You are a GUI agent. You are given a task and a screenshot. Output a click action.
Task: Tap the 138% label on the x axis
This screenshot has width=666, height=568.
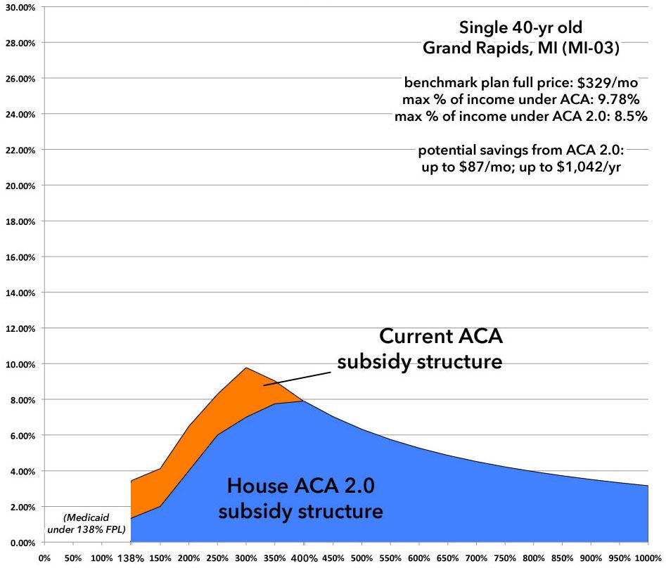[x=131, y=558]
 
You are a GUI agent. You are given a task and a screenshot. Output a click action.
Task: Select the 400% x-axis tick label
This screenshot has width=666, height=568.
[x=303, y=558]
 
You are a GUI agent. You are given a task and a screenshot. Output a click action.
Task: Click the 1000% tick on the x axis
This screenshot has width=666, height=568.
[x=647, y=558]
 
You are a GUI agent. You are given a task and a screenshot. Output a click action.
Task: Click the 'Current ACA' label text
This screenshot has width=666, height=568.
[x=441, y=337]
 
